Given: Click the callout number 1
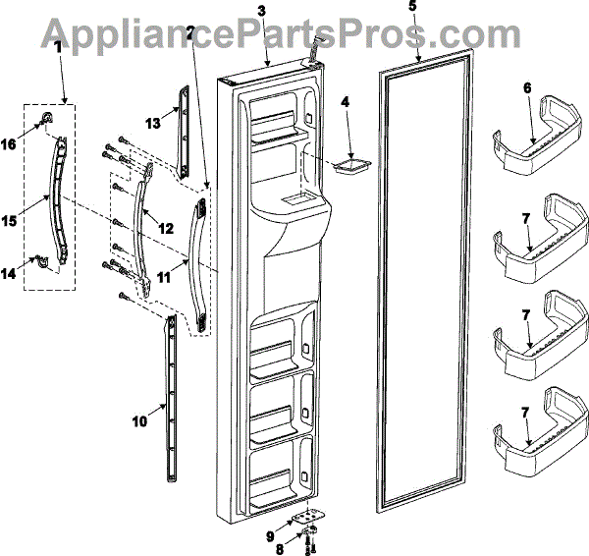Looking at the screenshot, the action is pos(58,45).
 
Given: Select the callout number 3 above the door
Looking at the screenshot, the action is pos(260,11).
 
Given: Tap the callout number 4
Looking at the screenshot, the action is pos(345,101).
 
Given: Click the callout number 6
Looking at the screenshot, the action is pos(527,87).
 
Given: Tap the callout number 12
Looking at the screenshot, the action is pos(166,228).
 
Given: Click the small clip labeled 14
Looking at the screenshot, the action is pos(41,262).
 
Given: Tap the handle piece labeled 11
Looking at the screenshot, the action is pos(200,260).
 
